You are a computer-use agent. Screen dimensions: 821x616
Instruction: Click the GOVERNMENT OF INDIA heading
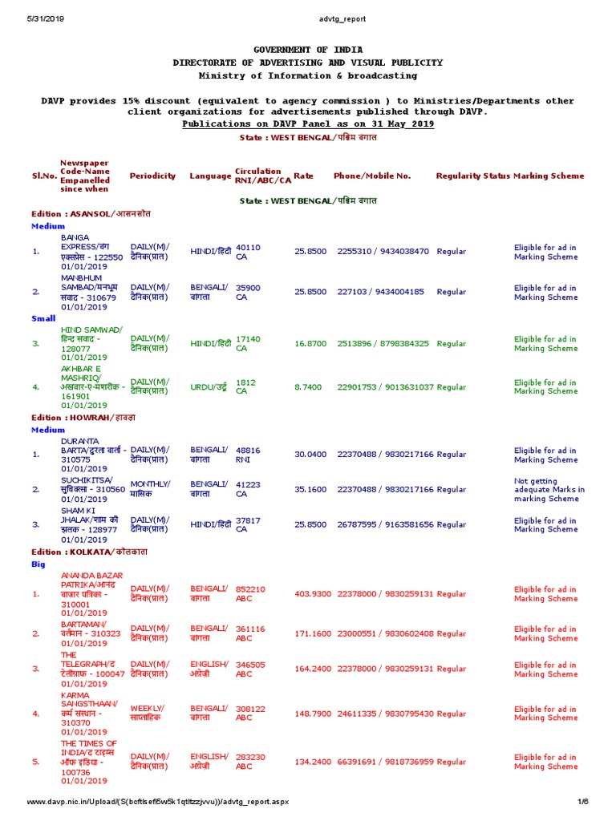(x=308, y=50)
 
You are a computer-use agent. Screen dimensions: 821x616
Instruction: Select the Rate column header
(x=303, y=176)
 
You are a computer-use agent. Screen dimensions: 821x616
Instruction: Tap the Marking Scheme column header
(x=549, y=176)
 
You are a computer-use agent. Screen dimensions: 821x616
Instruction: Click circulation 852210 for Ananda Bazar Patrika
(x=251, y=594)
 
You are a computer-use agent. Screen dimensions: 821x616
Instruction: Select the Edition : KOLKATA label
(x=90, y=552)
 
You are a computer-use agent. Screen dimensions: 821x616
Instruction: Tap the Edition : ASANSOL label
(x=91, y=214)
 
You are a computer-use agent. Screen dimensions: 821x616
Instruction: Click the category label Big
(x=38, y=564)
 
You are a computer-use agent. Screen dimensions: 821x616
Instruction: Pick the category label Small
(x=43, y=318)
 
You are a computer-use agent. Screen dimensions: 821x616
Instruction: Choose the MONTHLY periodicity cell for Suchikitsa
(x=151, y=489)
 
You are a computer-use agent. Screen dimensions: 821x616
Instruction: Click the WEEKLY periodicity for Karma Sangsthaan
(x=148, y=714)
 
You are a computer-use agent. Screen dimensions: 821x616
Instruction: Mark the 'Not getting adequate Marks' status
(x=549, y=489)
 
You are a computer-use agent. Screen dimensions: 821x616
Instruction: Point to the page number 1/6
(x=583, y=802)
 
